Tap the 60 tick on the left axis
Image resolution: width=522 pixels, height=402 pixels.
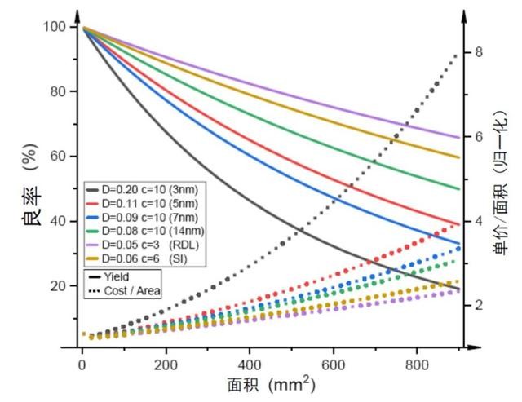coord(55,157)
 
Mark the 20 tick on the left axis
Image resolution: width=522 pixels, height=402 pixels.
coord(55,285)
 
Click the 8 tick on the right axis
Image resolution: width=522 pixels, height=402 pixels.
coord(479,52)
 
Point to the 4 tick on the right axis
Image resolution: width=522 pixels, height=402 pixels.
coord(479,221)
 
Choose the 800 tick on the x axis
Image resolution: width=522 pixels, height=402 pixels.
coord(417,362)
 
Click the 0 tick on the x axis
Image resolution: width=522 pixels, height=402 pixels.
coord(82,362)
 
